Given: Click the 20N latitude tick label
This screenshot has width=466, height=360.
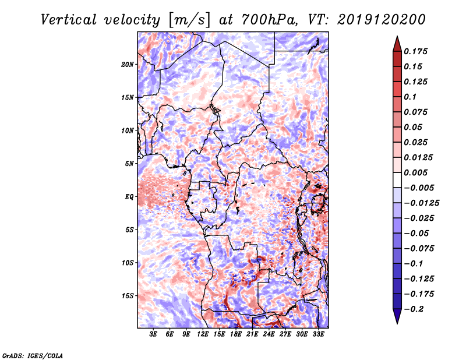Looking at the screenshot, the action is click(x=127, y=65).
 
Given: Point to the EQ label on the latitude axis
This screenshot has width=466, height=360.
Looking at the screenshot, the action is click(x=129, y=197).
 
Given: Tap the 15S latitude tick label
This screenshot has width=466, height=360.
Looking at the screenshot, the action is click(x=128, y=296).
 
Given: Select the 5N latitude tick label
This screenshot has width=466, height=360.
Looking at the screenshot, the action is click(x=129, y=164).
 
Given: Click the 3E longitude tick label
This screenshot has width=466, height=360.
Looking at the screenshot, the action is click(x=153, y=334).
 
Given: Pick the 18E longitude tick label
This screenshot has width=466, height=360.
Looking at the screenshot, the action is click(x=236, y=334).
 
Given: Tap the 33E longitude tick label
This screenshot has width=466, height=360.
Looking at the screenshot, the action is click(x=318, y=334).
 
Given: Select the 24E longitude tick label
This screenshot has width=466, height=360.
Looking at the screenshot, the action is click(x=269, y=334).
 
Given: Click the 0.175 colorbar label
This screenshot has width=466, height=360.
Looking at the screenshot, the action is click(x=415, y=51).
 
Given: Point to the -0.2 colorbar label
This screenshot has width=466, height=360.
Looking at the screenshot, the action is click(x=414, y=309).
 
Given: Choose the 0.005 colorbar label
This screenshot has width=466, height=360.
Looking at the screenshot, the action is click(x=415, y=172).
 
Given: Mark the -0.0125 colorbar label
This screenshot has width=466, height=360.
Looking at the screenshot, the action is click(x=421, y=203).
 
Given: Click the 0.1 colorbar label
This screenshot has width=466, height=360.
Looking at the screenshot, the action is click(x=410, y=97).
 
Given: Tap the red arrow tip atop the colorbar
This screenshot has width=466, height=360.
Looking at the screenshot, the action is click(x=397, y=37).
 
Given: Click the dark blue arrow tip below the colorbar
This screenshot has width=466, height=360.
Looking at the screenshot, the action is click(x=397, y=323).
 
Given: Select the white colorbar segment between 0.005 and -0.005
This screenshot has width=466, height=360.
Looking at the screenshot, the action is click(x=397, y=180).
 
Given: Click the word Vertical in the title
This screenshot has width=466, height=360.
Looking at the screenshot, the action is click(x=69, y=20).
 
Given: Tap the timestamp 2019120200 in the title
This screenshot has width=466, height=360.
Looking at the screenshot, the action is click(x=382, y=20).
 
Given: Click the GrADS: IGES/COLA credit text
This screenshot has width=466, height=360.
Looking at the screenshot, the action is click(x=33, y=355).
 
